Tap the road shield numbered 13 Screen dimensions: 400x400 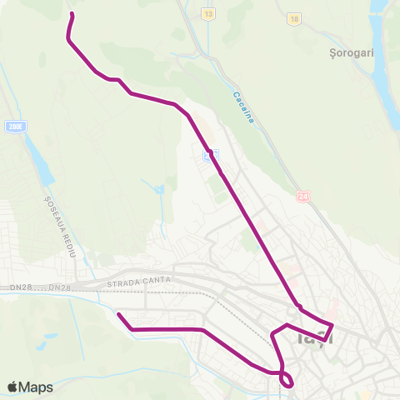tap(207, 16)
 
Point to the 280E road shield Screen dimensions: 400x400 tap(13, 127)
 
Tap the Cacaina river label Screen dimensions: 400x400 tap(242, 107)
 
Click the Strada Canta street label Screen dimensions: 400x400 tap(137, 282)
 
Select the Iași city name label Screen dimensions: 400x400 tap(315, 338)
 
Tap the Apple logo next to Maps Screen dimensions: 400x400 tap(12, 387)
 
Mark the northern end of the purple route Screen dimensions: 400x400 tap(72, 14)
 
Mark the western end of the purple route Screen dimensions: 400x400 tap(118, 314)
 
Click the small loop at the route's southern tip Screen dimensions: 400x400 tap(287, 380)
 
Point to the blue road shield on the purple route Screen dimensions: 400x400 tap(212, 155)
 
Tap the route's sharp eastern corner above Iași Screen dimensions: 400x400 tap(332, 324)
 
